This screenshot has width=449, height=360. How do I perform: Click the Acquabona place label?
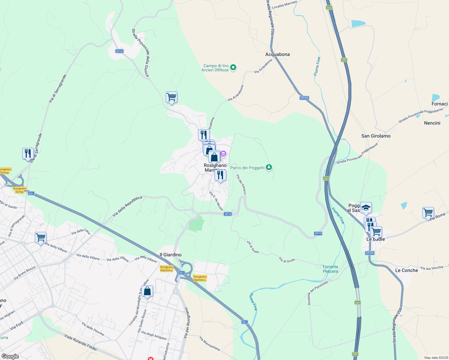[277, 54]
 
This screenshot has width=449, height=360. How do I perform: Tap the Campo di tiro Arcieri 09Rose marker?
[234, 67]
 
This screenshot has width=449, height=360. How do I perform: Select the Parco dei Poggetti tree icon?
[269, 167]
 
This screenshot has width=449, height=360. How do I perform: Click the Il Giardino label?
[170, 255]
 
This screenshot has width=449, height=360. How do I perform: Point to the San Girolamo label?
[376, 136]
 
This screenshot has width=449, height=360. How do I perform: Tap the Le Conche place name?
[406, 270]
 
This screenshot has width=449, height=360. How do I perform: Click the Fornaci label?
[439, 104]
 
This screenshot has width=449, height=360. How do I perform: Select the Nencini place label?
[432, 123]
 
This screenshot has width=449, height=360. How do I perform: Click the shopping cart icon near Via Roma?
[428, 213]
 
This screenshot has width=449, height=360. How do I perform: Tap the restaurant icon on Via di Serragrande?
[28, 153]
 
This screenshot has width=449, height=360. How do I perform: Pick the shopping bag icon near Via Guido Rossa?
[147, 291]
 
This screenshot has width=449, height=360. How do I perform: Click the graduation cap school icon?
[366, 208]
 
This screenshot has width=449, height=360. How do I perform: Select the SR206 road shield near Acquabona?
[304, 98]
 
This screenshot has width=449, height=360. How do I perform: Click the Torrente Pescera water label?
[330, 269]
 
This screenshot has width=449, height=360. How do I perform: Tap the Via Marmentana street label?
[209, 343]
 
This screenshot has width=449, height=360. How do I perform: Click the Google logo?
[10, 356]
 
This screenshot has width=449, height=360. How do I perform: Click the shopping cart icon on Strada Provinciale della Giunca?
[171, 97]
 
